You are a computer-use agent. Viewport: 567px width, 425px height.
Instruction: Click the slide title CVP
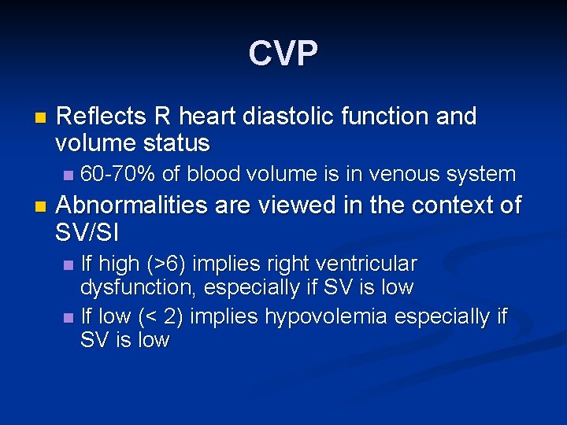click(283, 54)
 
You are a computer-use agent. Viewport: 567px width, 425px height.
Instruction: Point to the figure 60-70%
click(113, 174)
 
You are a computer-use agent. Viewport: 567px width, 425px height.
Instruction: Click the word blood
click(220, 174)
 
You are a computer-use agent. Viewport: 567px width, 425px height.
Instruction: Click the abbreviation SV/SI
click(91, 231)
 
